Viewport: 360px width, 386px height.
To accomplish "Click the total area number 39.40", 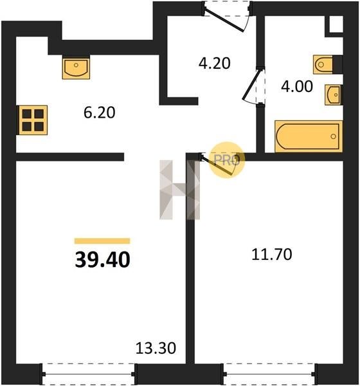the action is point(102,260).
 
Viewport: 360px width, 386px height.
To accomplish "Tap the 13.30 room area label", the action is point(156,348).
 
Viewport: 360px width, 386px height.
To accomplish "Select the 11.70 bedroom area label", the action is point(272,254).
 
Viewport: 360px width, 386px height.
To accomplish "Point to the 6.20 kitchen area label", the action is point(100,113).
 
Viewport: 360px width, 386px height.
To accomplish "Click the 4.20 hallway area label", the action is point(215,63).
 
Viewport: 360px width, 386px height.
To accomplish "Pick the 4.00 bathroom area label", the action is point(297,86).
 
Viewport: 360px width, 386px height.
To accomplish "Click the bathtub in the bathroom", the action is point(309,136).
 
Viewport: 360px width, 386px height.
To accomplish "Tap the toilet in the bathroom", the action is point(323,64).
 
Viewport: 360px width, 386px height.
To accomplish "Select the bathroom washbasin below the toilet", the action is point(333,95).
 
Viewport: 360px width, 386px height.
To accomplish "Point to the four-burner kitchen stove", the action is point(33,120).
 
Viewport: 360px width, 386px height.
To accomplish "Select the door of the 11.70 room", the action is point(217,165).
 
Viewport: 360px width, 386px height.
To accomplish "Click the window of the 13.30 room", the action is point(88,374).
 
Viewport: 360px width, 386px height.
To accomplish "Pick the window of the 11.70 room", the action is point(269,374).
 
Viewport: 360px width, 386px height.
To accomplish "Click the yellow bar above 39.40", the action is point(102,241).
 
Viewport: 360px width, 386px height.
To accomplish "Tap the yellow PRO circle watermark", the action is point(227,160).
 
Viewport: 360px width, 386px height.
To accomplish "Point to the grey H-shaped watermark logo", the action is point(179,190).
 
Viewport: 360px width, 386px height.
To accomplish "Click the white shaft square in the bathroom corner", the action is point(336,24).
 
